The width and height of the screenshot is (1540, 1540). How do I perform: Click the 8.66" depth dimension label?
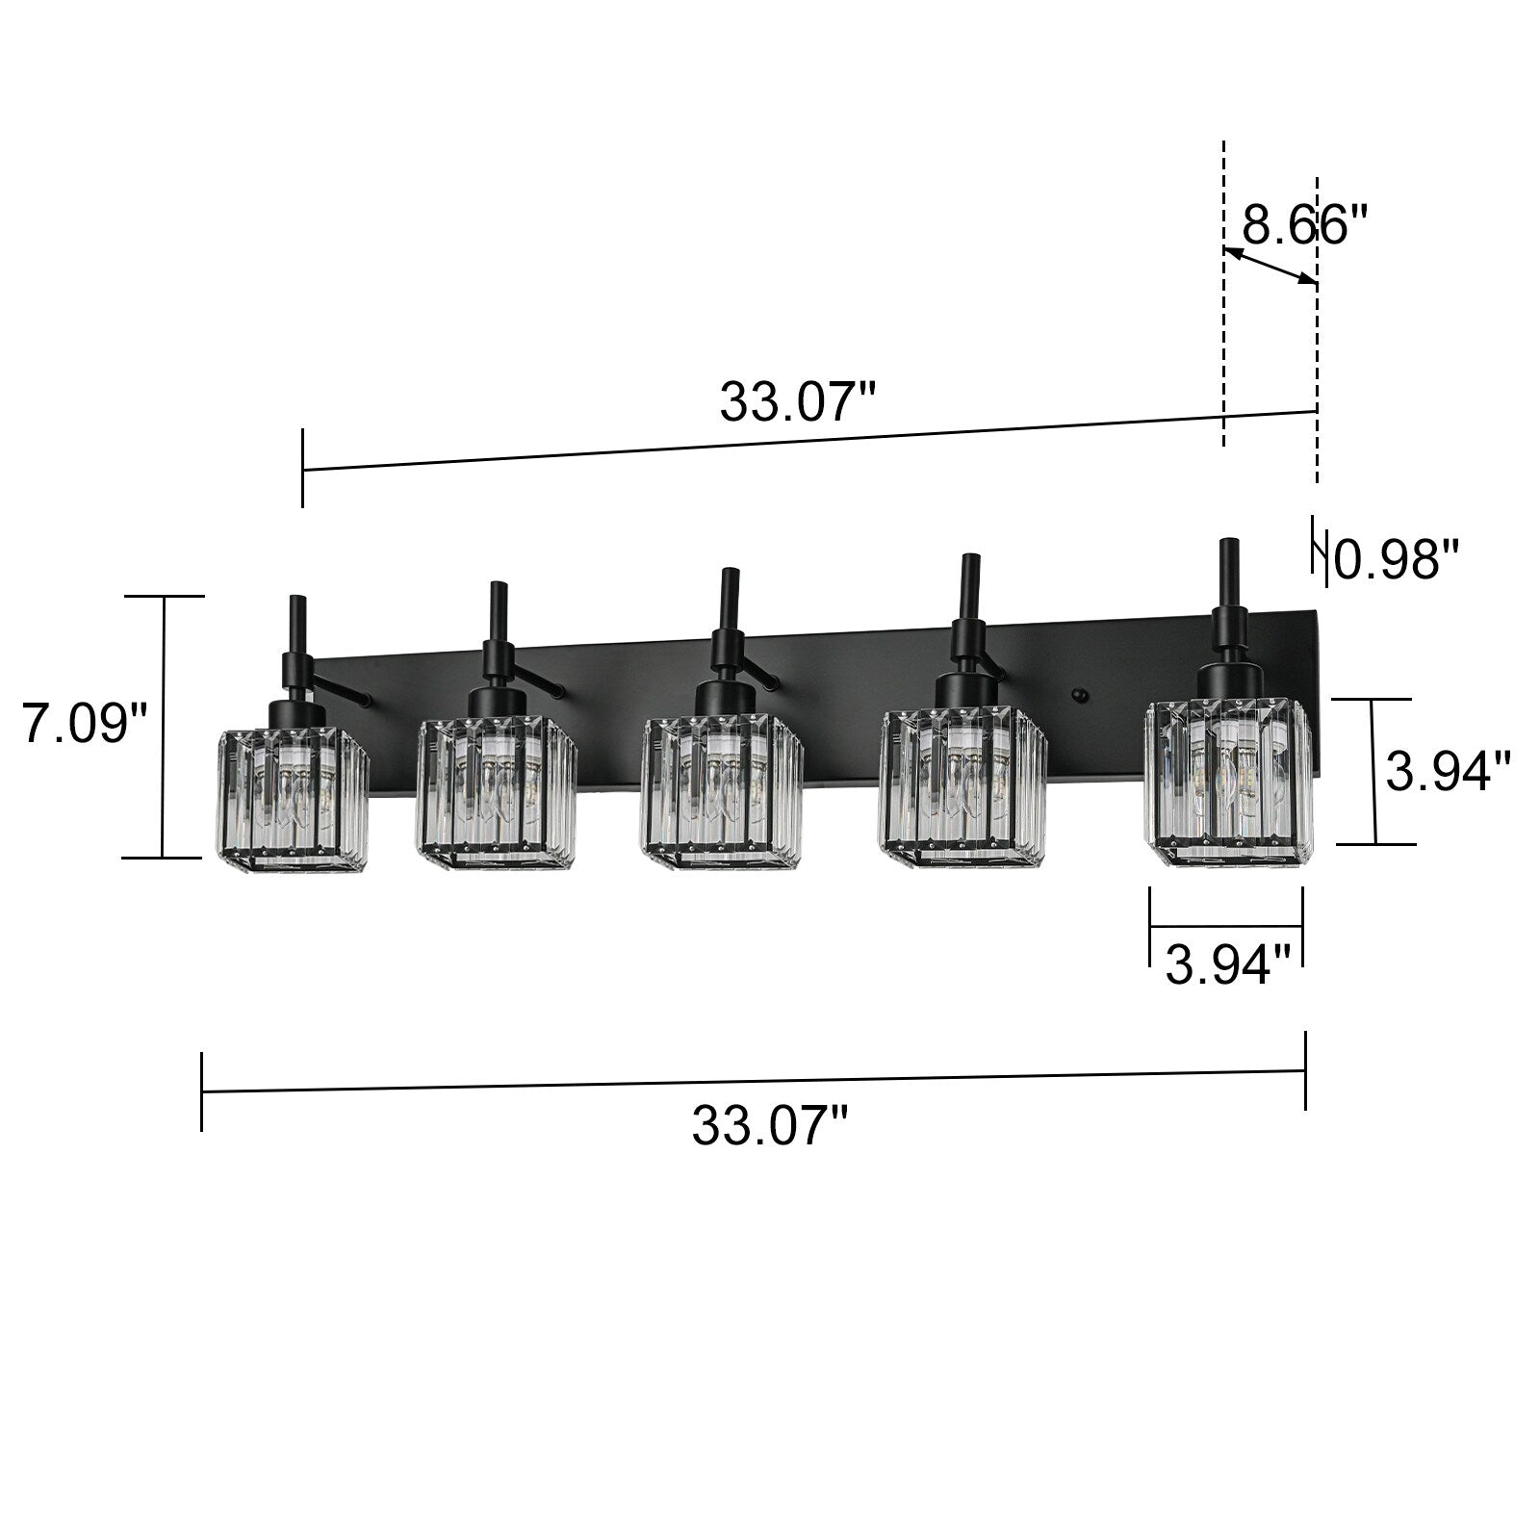tap(1304, 224)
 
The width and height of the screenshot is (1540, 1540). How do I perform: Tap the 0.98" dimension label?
tap(1397, 559)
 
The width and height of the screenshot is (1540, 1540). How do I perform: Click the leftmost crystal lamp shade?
tap(292, 802)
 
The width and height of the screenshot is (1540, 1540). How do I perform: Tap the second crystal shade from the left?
tap(497, 795)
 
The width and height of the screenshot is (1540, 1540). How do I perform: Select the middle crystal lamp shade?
tap(722, 795)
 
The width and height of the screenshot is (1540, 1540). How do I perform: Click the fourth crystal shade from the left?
tap(962, 790)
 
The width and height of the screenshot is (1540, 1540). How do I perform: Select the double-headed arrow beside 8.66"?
tap(1270, 266)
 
